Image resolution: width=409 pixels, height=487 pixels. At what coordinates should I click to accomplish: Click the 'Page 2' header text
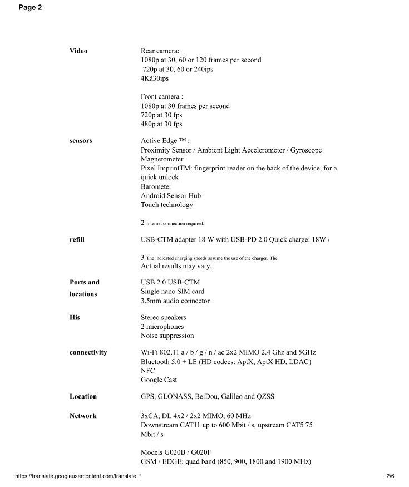click(30, 8)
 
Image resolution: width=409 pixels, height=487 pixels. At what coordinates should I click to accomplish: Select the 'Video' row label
click(78, 51)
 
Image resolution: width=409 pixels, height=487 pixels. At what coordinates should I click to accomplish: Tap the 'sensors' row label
click(81, 141)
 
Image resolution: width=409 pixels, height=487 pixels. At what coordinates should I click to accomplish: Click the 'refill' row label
click(77, 240)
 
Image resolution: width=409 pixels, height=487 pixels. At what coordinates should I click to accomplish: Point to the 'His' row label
click(75, 317)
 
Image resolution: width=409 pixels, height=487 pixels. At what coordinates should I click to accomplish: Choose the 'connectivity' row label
click(88, 352)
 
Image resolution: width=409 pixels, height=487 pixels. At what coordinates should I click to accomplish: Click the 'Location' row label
click(83, 396)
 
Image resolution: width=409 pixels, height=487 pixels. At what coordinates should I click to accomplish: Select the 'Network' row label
click(83, 416)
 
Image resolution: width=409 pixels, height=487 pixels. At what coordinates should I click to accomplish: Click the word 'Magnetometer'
click(162, 159)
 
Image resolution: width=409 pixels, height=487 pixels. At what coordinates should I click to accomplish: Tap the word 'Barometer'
click(156, 186)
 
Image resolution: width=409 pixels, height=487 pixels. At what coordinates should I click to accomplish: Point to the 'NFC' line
click(148, 371)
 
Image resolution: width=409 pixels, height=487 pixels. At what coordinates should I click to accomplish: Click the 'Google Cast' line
click(159, 380)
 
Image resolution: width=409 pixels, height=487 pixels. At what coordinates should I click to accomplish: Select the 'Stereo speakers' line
click(164, 317)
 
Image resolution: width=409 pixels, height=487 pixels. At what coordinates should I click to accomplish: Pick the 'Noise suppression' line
click(167, 336)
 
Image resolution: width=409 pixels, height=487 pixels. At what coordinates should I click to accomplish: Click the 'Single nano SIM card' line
click(173, 291)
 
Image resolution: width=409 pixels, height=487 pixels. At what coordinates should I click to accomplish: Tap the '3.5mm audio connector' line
click(175, 301)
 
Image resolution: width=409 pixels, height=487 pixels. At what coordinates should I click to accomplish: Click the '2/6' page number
click(390, 476)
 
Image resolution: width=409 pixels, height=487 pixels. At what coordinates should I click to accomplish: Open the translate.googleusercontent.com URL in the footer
click(78, 476)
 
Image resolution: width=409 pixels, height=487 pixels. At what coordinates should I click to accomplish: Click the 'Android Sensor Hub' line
click(171, 195)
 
